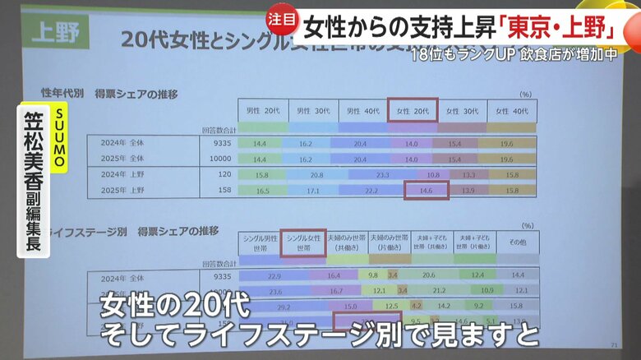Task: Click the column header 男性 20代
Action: (x=262, y=110)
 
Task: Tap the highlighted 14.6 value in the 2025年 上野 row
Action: (x=427, y=190)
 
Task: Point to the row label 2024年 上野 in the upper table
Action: (x=121, y=175)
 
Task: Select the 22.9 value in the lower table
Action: (x=274, y=276)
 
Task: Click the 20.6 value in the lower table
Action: (x=427, y=276)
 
